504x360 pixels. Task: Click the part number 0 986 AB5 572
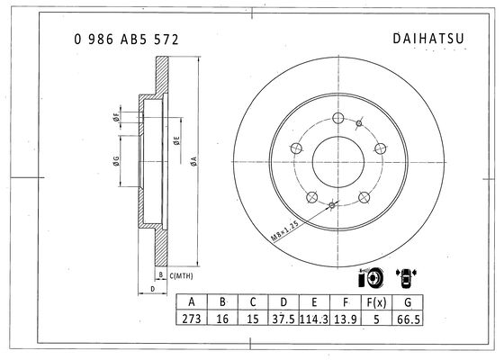(126, 40)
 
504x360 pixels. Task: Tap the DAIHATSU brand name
(428, 38)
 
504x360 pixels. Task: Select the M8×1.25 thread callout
(284, 230)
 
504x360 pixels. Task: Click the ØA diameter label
(193, 161)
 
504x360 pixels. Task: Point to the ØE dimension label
(176, 140)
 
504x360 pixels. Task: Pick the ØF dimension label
(116, 117)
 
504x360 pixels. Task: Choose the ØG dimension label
(116, 161)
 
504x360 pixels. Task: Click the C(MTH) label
(181, 275)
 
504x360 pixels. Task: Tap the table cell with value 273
(192, 319)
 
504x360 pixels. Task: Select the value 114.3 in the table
(314, 319)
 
